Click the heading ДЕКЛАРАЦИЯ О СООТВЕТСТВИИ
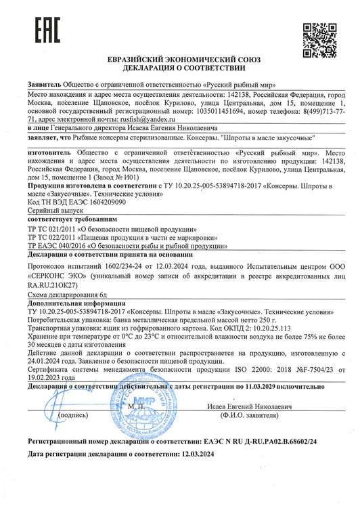coord(179,68)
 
